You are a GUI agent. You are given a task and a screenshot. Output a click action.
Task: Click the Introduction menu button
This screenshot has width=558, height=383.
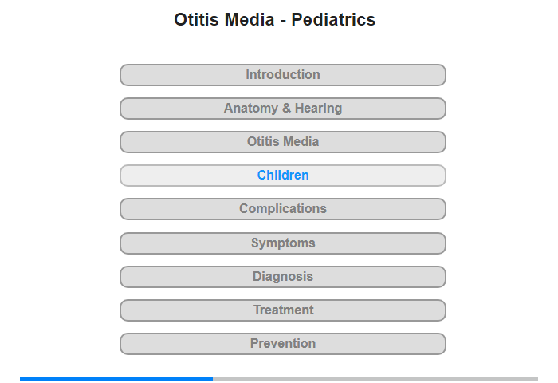[283, 75]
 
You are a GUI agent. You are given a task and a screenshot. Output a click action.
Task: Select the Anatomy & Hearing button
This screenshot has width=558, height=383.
[283, 109]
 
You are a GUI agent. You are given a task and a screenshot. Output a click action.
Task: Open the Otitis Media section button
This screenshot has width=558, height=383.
[283, 142]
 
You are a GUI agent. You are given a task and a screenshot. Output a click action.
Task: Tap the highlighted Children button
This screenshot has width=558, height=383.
[283, 176]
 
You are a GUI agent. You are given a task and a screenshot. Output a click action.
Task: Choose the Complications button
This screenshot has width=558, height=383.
[283, 209]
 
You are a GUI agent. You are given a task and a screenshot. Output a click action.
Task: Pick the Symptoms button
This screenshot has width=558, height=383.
[283, 243]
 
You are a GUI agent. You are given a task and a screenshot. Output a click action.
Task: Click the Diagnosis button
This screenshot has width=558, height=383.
[283, 276]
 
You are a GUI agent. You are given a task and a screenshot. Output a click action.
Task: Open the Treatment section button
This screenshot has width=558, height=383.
[283, 310]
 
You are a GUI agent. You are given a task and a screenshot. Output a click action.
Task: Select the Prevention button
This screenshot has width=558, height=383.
[283, 343]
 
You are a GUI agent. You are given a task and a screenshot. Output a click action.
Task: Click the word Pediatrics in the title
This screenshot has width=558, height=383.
[333, 20]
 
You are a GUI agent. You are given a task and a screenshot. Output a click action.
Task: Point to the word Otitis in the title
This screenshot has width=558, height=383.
[196, 20]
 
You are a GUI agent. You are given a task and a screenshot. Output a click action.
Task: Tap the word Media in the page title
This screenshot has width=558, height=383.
[250, 20]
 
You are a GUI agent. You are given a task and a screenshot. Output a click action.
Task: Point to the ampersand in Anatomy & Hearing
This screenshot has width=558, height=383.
[286, 108]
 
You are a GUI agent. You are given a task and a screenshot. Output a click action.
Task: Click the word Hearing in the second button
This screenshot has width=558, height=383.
[319, 109]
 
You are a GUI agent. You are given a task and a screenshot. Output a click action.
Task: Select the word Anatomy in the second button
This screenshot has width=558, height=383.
[251, 109]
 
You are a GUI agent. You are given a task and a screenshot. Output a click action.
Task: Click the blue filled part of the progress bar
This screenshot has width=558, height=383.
[116, 380]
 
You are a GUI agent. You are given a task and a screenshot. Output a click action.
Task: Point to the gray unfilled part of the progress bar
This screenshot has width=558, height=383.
[375, 380]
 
